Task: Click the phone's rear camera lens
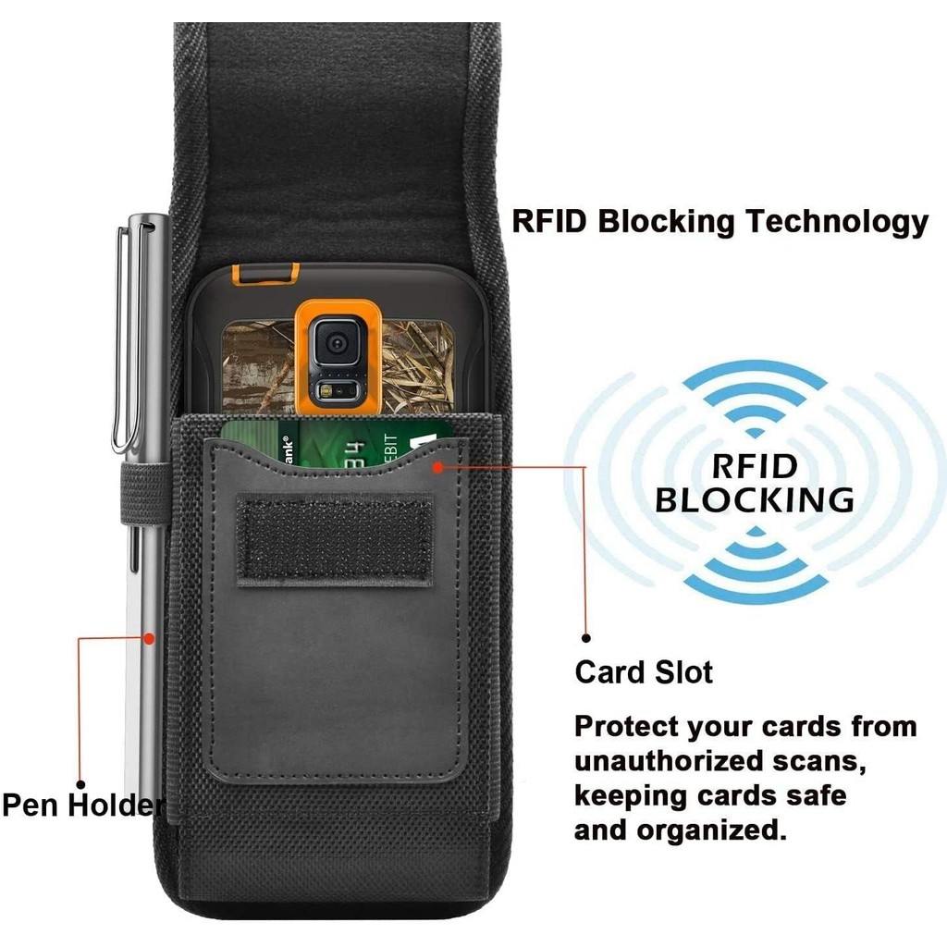(337, 344)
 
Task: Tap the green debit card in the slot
(336, 443)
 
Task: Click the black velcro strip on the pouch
(334, 539)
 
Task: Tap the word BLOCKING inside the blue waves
(755, 500)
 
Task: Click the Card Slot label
(644, 671)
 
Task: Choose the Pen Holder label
(83, 806)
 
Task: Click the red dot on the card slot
(437, 467)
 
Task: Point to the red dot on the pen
(149, 638)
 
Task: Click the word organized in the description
(712, 831)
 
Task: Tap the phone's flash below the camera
(328, 391)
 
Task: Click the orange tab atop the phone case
(266, 273)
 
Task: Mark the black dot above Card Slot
(585, 638)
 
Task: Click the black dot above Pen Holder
(81, 784)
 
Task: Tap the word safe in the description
(816, 795)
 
